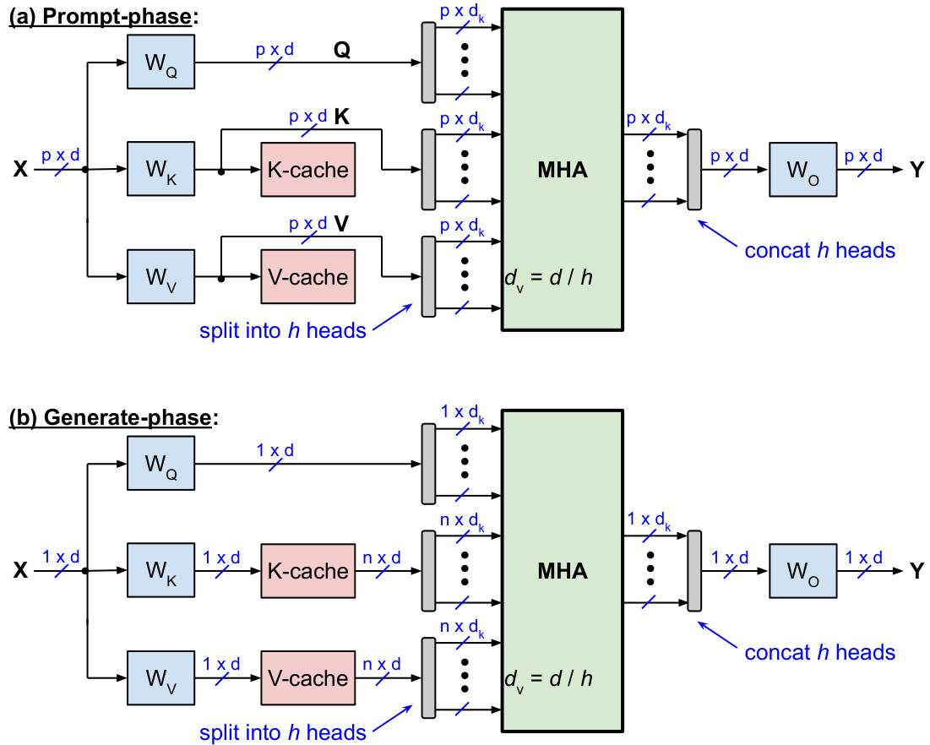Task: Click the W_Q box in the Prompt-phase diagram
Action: tap(161, 62)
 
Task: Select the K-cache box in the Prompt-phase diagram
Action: tap(307, 170)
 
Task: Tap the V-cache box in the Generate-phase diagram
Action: tap(307, 678)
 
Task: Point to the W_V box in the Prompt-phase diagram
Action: tap(161, 276)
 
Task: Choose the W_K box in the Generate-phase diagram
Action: tap(161, 572)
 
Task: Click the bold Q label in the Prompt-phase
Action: tap(342, 51)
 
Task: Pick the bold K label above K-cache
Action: tap(342, 117)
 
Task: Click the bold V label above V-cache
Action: tap(342, 224)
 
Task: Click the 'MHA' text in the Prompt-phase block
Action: tap(563, 170)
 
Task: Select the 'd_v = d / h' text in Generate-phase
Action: tap(547, 678)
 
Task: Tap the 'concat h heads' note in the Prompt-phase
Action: tap(819, 250)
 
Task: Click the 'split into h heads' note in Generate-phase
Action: tap(283, 732)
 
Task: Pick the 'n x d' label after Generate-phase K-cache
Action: tap(382, 557)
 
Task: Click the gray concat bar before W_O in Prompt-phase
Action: tap(694, 170)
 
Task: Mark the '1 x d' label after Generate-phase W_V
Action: tap(221, 664)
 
